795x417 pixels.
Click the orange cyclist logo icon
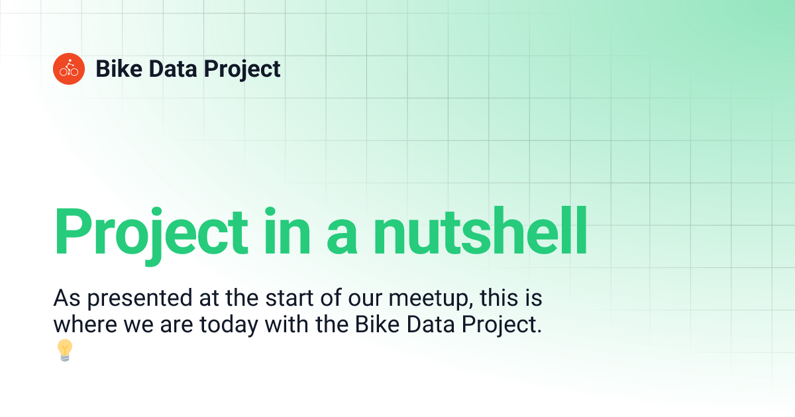pyautogui.click(x=69, y=69)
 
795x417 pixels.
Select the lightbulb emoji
pyautogui.click(x=64, y=349)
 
